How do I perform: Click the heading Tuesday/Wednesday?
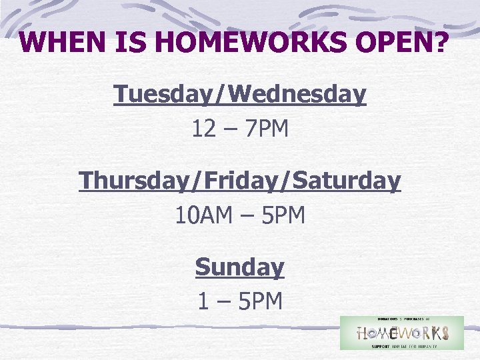click(240, 95)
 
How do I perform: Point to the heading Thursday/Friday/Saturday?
click(240, 181)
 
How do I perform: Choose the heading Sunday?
click(240, 267)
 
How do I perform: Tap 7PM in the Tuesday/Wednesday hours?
click(267, 129)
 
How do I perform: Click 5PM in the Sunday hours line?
click(261, 301)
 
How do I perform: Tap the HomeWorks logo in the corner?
click(401, 333)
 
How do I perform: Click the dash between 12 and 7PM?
click(231, 129)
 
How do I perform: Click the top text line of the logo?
click(401, 320)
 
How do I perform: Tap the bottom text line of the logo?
click(401, 345)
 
